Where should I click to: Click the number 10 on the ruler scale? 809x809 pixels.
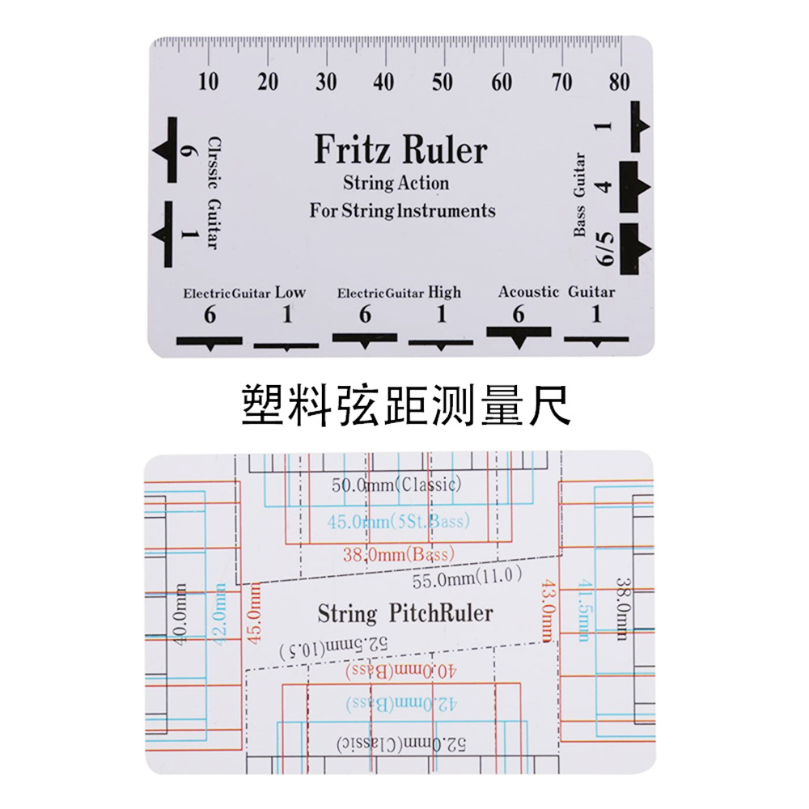click(x=209, y=82)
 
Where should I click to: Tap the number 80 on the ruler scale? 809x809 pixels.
click(x=621, y=82)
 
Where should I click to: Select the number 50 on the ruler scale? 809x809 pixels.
click(x=443, y=82)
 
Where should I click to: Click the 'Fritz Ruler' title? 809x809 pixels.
click(x=401, y=150)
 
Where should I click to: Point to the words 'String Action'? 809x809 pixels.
click(x=396, y=183)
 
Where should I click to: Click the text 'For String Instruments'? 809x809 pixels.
click(x=402, y=211)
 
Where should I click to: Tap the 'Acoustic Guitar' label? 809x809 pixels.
click(x=557, y=292)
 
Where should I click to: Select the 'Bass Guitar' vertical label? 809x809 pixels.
click(x=579, y=195)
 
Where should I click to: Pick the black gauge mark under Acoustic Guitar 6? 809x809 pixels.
click(x=519, y=335)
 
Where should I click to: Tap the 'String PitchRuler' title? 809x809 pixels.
click(x=405, y=613)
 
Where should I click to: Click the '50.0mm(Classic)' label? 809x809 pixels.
click(x=396, y=485)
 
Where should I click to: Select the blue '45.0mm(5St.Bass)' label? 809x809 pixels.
click(x=398, y=521)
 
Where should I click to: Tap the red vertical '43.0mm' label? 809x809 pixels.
click(x=549, y=612)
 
